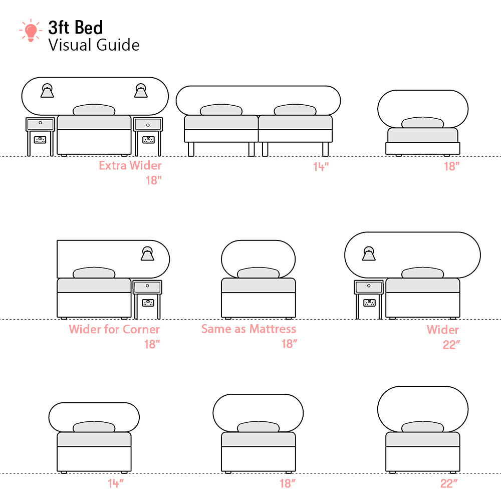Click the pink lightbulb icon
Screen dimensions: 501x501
[31, 31]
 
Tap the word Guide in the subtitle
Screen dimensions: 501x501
[118, 45]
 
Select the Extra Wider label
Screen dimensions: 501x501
[130, 165]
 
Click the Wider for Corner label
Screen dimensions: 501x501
[114, 329]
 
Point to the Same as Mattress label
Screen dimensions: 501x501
[248, 329]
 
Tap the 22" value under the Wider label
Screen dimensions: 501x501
[451, 345]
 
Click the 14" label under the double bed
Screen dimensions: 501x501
[321, 167]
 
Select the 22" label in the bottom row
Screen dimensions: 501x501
[449, 483]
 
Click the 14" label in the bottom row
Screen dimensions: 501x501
[116, 483]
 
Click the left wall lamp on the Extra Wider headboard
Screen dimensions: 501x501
[47, 90]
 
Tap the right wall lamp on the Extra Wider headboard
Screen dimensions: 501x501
[141, 90]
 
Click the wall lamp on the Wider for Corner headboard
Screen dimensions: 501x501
[147, 254]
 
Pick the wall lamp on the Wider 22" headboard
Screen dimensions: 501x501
[369, 254]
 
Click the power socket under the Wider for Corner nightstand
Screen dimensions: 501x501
[148, 302]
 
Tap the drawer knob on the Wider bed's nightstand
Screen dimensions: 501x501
[369, 286]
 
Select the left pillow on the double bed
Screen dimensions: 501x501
[221, 110]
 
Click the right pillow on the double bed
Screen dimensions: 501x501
[295, 110]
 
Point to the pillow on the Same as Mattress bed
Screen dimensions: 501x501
[258, 273]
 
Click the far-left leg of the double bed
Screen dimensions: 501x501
[191, 149]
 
